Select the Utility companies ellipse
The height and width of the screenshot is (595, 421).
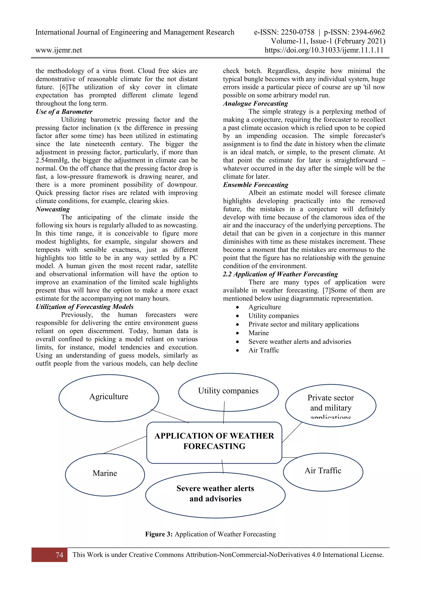click(x=228, y=392)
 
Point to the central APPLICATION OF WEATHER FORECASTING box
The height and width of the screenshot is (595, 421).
click(x=214, y=441)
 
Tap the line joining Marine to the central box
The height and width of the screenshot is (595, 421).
click(x=124, y=445)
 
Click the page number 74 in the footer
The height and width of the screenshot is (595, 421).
click(x=59, y=555)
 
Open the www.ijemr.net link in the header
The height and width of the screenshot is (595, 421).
click(x=59, y=50)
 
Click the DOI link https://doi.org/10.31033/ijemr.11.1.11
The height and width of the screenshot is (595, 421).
click(x=324, y=50)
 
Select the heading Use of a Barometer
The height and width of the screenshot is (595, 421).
click(x=64, y=112)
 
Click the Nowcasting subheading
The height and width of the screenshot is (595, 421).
click(x=53, y=209)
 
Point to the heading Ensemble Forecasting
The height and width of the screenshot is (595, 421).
click(x=256, y=185)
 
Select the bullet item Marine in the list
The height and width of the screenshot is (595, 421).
click(x=258, y=333)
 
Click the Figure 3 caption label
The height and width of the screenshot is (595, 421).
click(x=159, y=534)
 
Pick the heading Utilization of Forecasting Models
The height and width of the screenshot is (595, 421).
click(x=84, y=307)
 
